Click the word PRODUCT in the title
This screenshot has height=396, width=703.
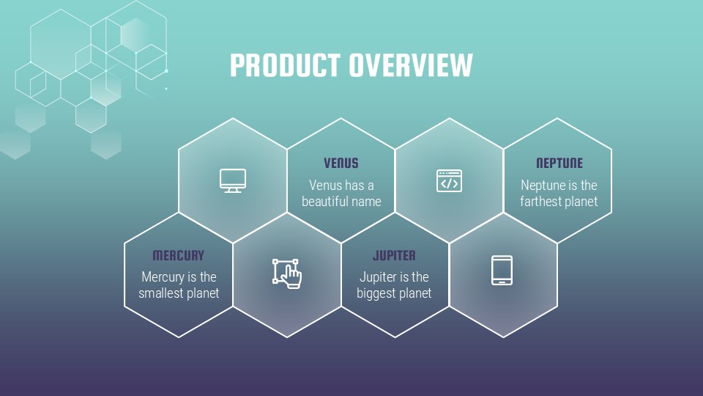click(x=285, y=65)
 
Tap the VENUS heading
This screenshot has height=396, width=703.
click(x=341, y=163)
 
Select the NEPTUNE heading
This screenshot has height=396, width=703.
click(x=559, y=163)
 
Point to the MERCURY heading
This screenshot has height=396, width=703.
click(x=179, y=255)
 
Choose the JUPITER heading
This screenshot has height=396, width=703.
click(x=394, y=255)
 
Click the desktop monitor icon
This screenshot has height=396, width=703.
click(x=233, y=180)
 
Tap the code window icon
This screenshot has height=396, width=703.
click(x=449, y=180)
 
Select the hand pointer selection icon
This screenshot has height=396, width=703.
click(x=287, y=272)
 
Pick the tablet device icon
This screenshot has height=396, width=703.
click(x=502, y=270)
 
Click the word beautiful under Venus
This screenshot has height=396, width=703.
click(x=325, y=201)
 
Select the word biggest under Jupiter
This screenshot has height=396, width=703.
click(x=376, y=293)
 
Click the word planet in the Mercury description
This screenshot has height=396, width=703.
click(x=202, y=293)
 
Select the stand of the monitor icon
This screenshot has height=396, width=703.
click(x=233, y=191)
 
